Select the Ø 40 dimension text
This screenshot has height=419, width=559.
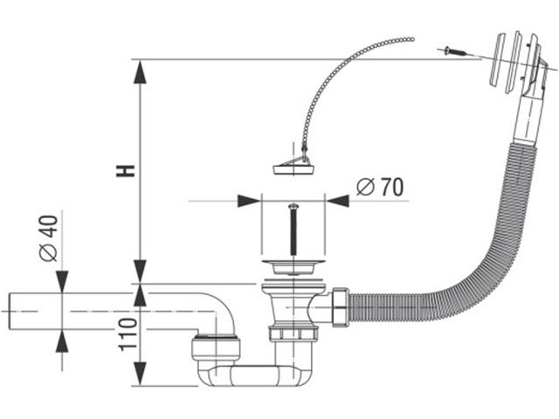tap(49, 238)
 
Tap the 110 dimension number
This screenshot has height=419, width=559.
tap(128, 333)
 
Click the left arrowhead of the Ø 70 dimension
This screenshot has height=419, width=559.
tap(250, 202)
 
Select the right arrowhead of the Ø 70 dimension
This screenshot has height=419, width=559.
tap(337, 202)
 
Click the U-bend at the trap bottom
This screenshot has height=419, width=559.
tap(253, 375)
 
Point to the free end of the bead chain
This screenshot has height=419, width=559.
tap(411, 39)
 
